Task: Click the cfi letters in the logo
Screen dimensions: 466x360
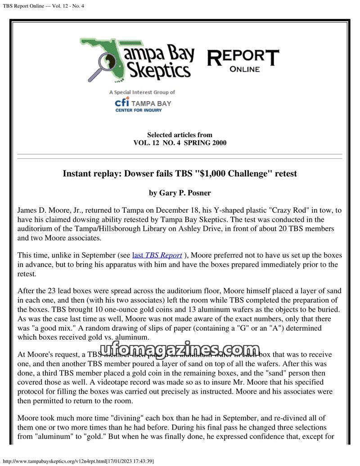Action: (122, 103)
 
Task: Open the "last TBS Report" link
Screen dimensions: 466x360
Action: (157, 255)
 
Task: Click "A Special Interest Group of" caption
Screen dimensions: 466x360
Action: (142, 92)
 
